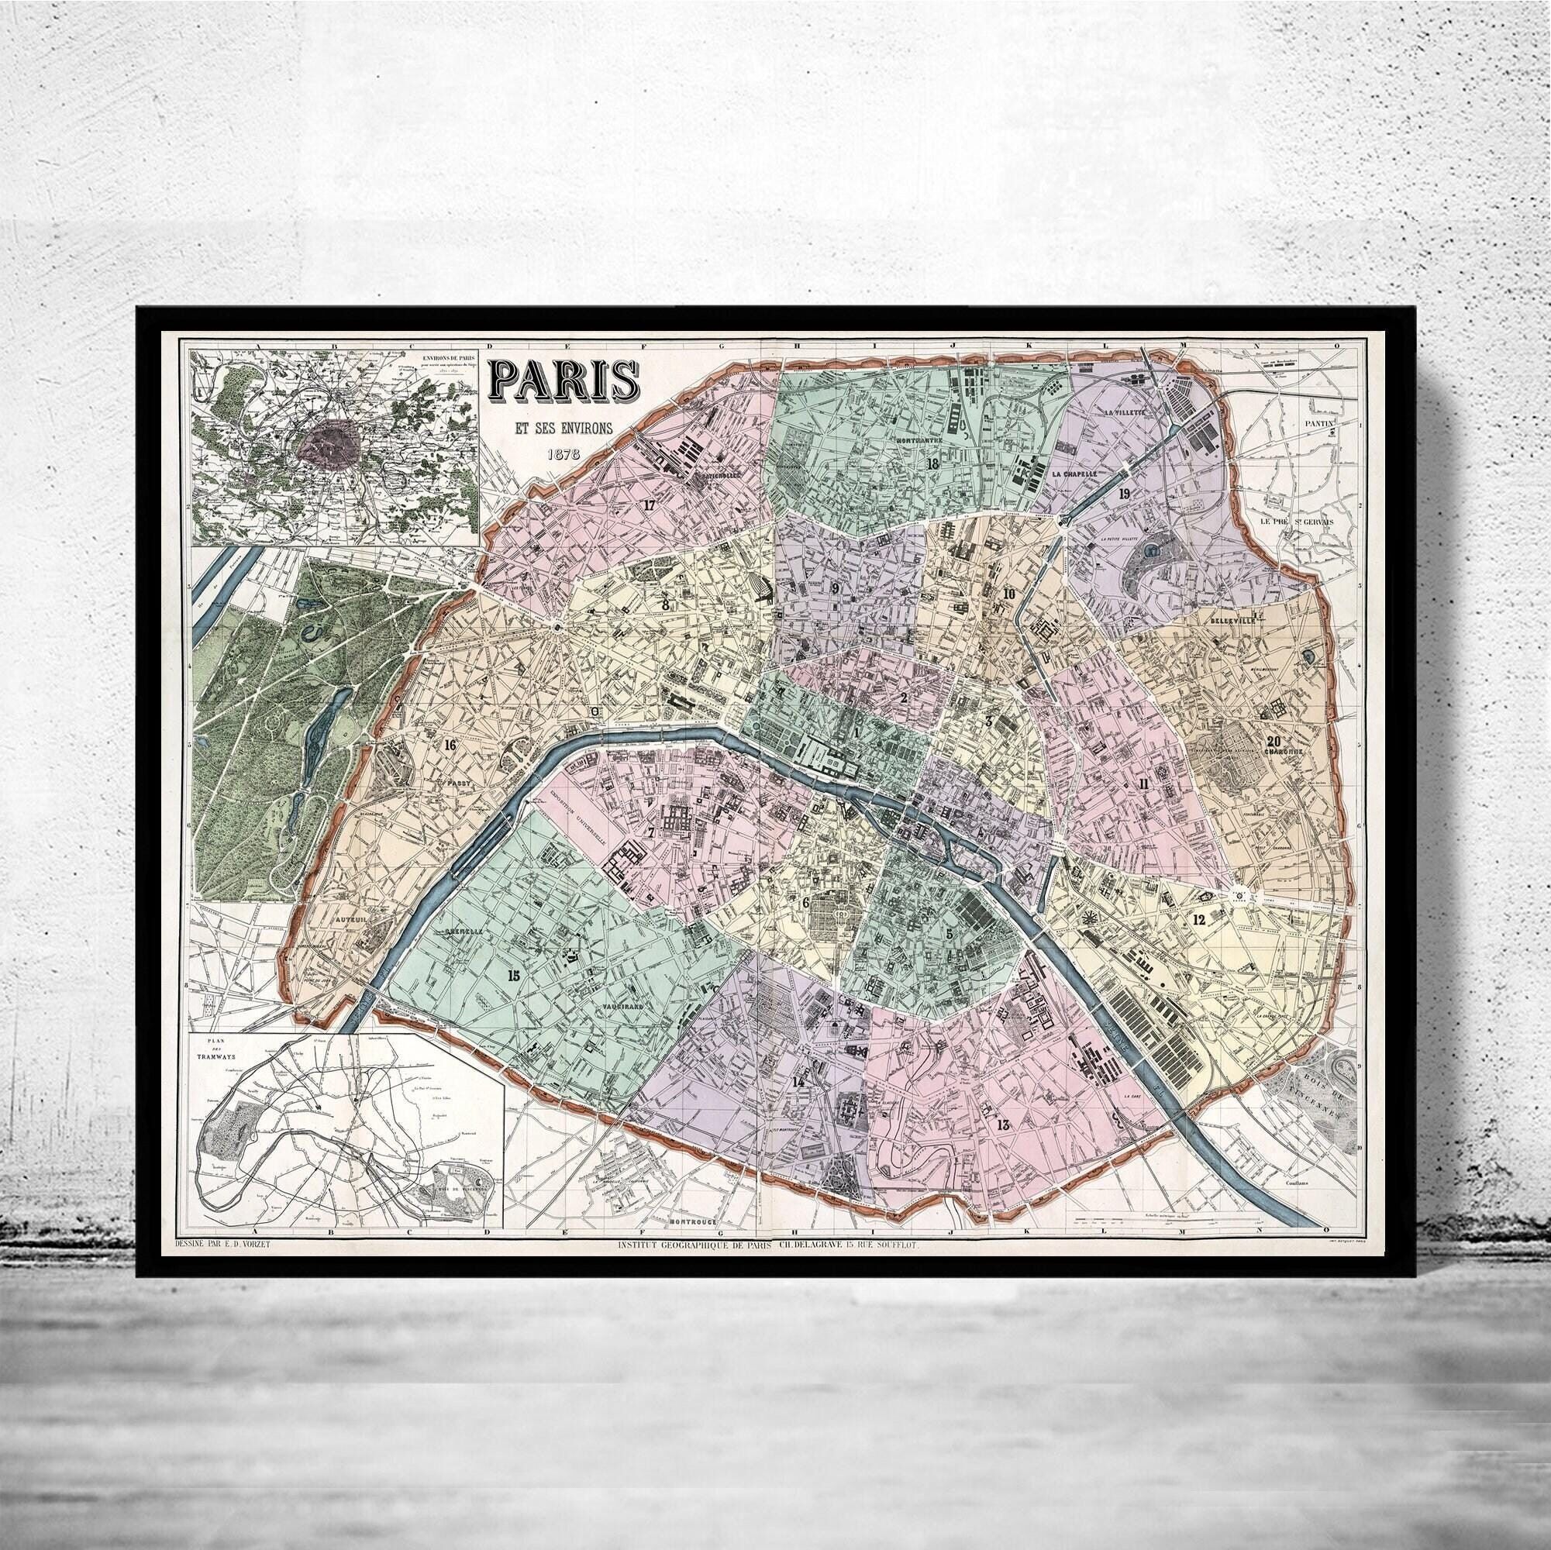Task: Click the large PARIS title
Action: click(x=564, y=384)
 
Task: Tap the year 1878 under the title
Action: click(x=564, y=453)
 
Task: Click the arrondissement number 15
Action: click(x=514, y=975)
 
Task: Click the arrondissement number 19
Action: click(x=1124, y=494)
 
